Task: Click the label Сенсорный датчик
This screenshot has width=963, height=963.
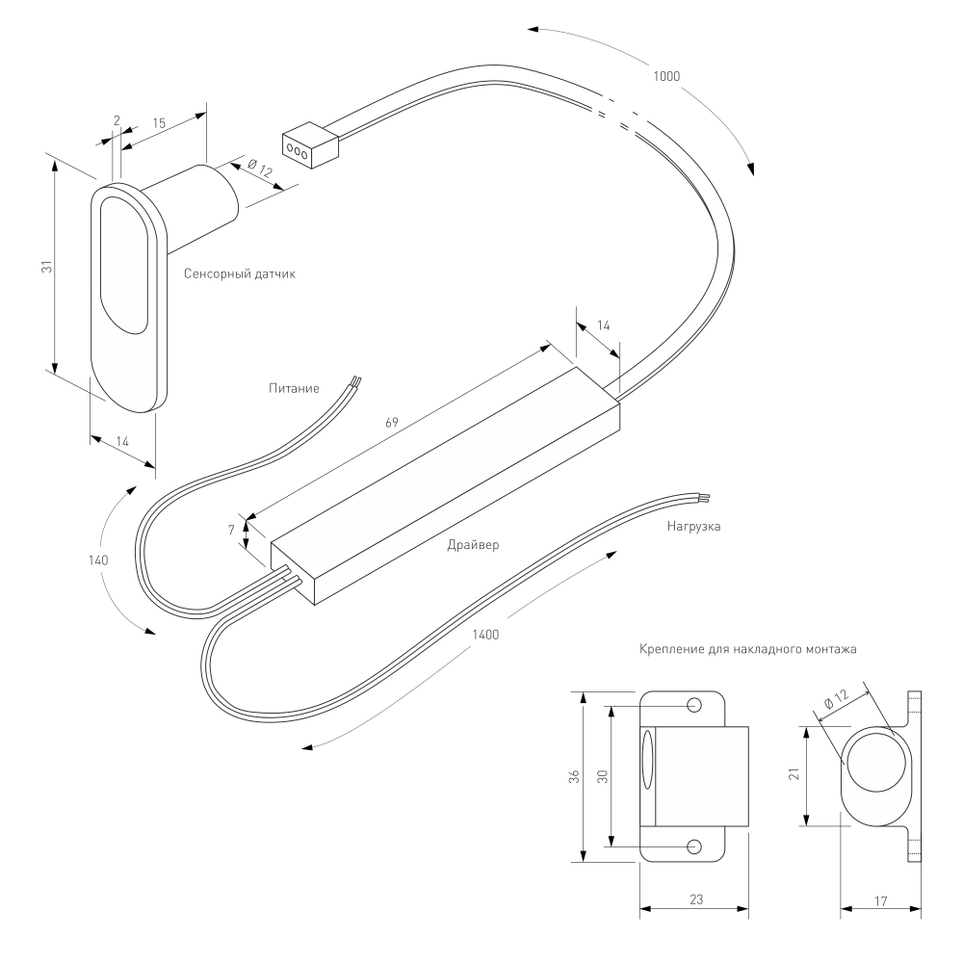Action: click(240, 273)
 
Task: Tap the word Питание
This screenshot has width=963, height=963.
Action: click(294, 388)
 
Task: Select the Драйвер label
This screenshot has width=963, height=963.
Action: click(473, 545)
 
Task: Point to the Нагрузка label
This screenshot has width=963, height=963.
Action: click(694, 527)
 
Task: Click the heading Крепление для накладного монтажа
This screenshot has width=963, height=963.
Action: click(748, 649)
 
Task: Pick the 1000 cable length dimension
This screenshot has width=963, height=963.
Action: click(666, 76)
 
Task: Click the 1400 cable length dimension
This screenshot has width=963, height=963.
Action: click(485, 635)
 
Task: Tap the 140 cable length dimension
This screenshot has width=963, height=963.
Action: click(98, 560)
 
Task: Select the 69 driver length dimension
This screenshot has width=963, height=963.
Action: click(391, 423)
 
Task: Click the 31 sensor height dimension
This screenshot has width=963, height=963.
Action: click(46, 267)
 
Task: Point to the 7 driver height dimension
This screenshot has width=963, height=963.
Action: click(231, 530)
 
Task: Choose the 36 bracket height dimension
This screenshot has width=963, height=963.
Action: click(574, 776)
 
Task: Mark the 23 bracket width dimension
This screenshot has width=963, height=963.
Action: click(696, 899)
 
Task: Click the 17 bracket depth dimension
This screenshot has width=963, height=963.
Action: click(881, 901)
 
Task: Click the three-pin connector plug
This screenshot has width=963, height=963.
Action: click(310, 145)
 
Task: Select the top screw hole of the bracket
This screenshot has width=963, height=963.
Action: click(694, 705)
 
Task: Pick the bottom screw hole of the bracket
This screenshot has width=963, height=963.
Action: click(694, 846)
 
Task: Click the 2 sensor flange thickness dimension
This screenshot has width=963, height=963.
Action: click(117, 120)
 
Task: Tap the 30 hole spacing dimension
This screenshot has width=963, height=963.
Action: click(603, 776)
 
